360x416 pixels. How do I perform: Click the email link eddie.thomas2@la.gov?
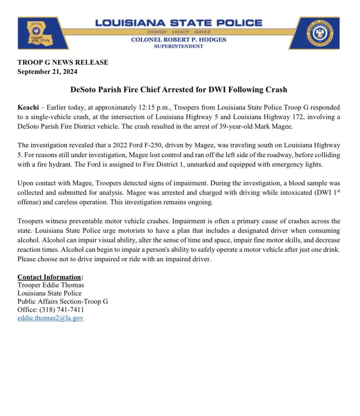(50, 318)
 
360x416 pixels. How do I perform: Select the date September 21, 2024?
(47, 72)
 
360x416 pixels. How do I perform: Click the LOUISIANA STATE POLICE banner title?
(179, 23)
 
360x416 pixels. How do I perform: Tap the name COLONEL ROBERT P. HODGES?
(179, 40)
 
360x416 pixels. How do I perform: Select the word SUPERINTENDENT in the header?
(179, 46)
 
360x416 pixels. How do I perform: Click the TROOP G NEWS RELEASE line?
(63, 62)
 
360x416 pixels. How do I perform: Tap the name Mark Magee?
(278, 127)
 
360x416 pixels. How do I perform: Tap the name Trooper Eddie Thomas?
(51, 285)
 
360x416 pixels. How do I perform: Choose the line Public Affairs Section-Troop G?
(63, 301)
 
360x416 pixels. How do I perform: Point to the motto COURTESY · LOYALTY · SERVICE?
(179, 32)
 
